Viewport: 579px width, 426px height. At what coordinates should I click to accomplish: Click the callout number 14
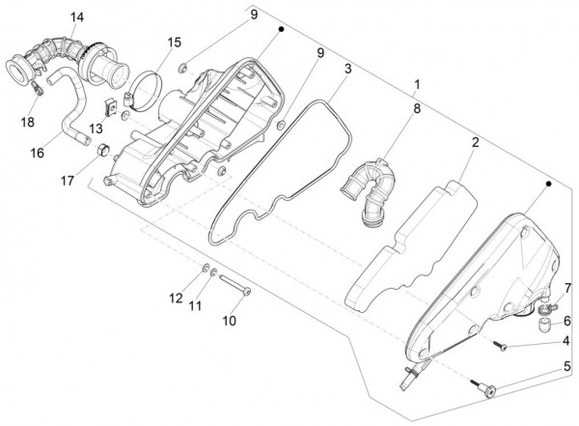[x=77, y=16]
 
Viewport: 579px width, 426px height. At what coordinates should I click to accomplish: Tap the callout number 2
[x=476, y=143]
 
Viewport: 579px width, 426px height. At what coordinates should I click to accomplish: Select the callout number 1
[x=418, y=84]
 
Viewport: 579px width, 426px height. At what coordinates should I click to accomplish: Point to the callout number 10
[x=230, y=319]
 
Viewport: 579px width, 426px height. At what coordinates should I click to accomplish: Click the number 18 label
[x=26, y=122]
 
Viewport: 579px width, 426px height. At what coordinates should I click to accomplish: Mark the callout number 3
[x=346, y=70]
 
